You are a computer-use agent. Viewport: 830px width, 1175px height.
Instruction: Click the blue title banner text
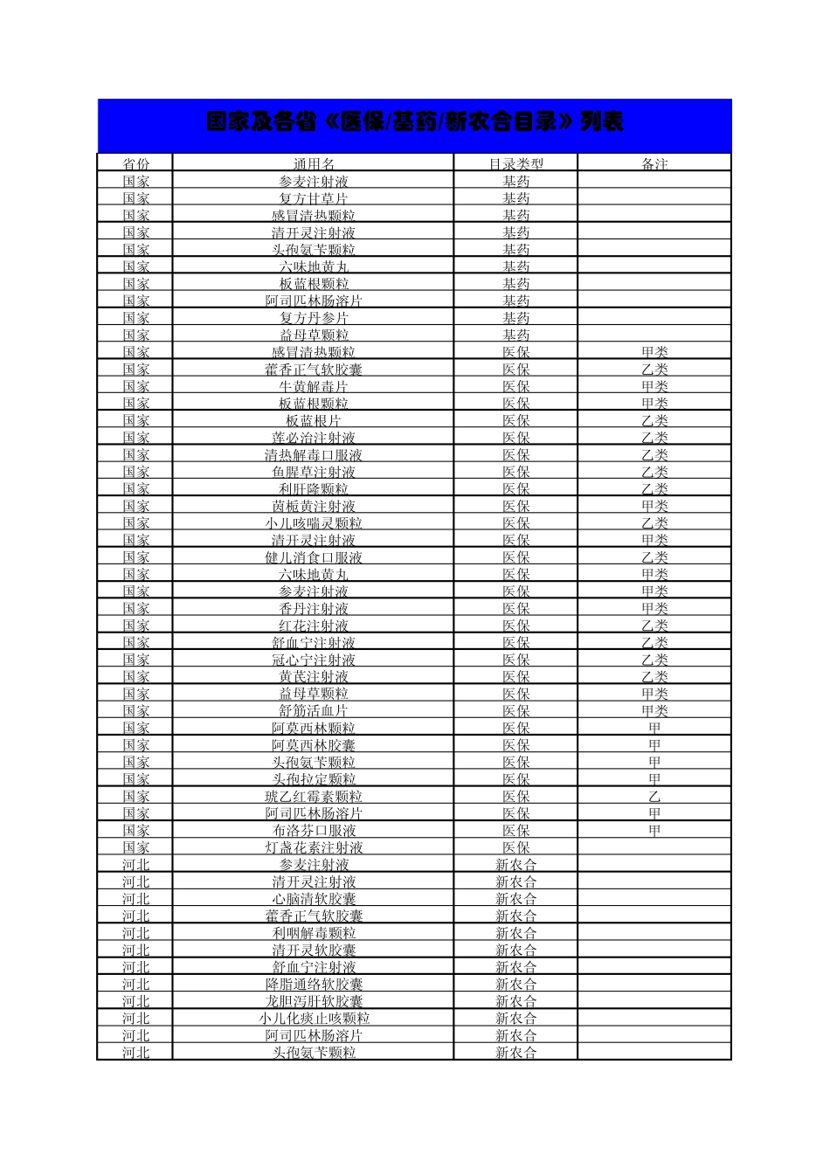414,122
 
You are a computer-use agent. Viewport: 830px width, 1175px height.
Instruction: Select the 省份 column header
135,164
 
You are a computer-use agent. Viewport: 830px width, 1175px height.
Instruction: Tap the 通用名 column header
314,164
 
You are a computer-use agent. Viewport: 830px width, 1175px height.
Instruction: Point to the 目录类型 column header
515,164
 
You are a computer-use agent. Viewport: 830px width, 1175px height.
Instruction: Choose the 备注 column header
654,164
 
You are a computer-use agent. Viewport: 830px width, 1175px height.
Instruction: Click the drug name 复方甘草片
314,198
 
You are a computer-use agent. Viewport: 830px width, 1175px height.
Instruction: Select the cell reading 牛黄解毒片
314,386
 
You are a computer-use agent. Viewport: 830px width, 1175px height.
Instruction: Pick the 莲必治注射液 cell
314,438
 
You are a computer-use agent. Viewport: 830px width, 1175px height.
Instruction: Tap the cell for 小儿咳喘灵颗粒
314,523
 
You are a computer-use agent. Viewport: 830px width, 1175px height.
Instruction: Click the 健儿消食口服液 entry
314,557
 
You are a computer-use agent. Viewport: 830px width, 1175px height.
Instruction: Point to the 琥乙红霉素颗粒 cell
314,797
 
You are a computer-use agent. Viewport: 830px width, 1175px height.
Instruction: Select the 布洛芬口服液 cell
314,831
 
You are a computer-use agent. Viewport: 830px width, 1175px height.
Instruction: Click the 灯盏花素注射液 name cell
314,847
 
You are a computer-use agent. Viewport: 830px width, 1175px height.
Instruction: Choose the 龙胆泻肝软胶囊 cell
314,1001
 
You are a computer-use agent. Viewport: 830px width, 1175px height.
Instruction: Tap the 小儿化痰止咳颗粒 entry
314,1019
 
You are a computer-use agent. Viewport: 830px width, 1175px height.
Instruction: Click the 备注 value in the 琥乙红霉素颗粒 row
654,797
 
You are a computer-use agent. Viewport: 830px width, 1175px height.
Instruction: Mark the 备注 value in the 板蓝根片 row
654,420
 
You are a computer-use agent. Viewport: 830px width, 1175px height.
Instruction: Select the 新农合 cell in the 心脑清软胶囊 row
515,899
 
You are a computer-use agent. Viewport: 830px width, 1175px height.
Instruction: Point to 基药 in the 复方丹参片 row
515,318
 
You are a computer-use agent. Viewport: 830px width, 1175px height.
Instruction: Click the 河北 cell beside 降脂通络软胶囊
135,985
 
